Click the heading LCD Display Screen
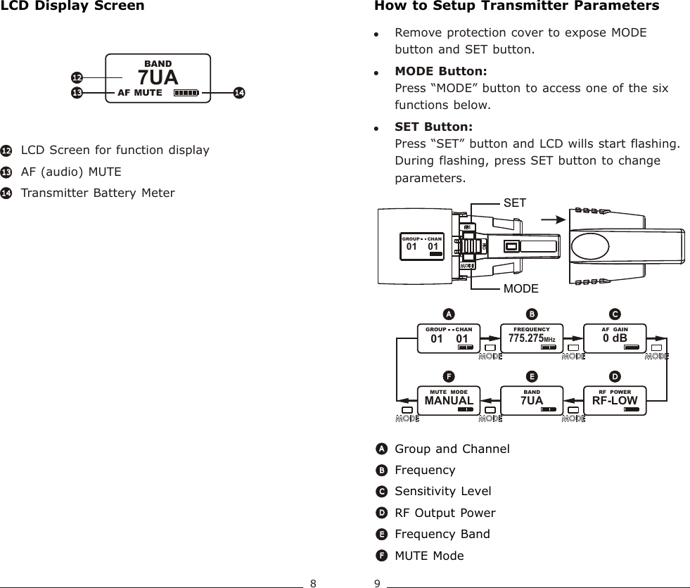click(73, 6)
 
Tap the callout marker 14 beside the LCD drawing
click(239, 92)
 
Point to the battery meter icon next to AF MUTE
click(186, 92)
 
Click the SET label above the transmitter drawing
click(515, 203)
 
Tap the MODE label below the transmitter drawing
click(521, 289)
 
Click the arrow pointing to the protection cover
click(549, 219)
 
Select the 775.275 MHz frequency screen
click(532, 336)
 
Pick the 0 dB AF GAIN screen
click(615, 336)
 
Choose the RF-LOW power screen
click(615, 400)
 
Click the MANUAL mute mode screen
click(449, 400)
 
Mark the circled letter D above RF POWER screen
click(615, 375)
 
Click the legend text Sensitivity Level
click(443, 491)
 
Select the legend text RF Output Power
click(445, 513)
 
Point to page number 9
click(378, 582)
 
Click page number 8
click(314, 582)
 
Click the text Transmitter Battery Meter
click(98, 193)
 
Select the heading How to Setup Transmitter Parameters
click(517, 6)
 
